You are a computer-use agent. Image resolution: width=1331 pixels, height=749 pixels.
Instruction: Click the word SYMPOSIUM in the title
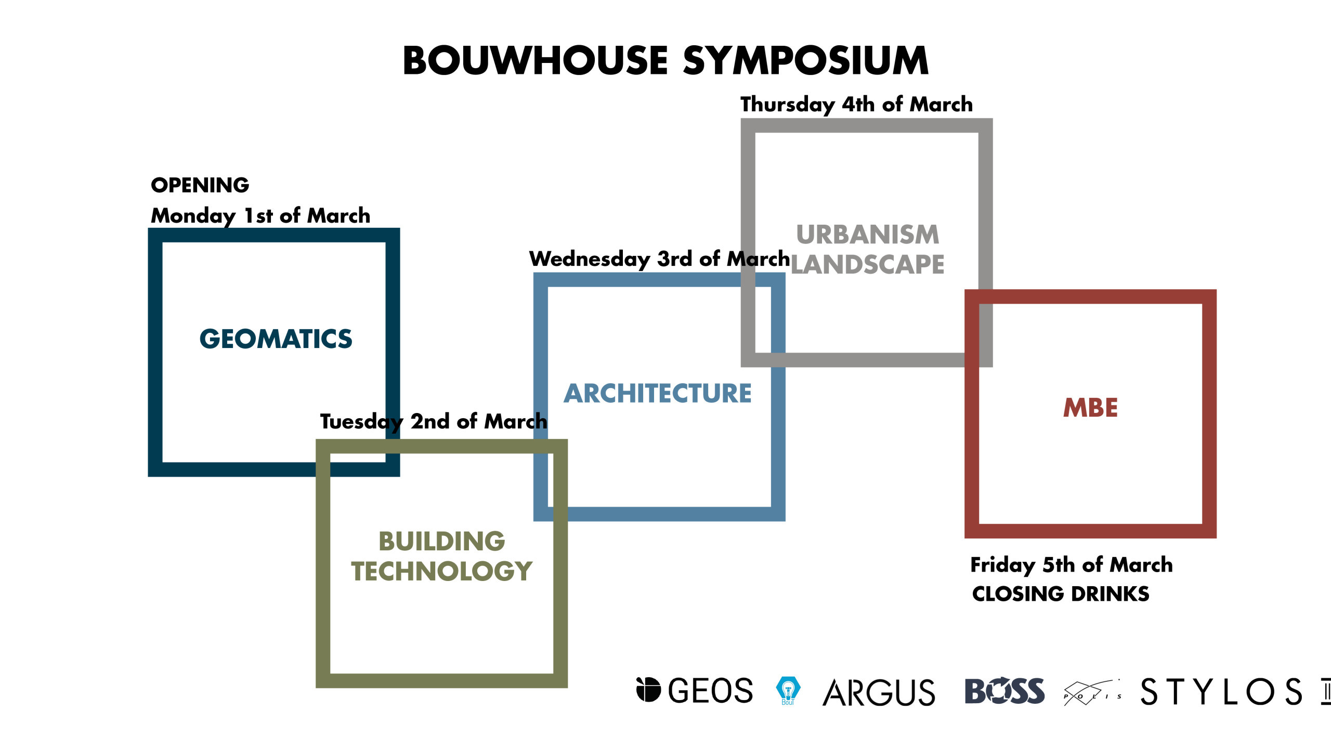tap(805, 61)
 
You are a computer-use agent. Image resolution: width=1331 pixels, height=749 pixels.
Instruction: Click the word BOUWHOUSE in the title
tap(535, 61)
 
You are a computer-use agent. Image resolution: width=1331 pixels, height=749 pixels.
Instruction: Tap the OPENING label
tap(200, 185)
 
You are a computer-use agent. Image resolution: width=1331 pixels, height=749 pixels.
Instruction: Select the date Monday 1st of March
tap(260, 216)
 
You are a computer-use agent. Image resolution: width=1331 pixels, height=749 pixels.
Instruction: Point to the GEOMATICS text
tap(276, 339)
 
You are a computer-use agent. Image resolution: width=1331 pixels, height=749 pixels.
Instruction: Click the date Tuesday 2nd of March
tap(434, 422)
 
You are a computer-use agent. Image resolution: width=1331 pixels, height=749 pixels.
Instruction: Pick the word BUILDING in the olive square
tap(441, 541)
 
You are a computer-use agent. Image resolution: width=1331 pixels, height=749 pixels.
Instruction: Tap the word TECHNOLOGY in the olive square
tap(441, 571)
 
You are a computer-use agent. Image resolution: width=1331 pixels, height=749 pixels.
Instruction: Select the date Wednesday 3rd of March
tap(659, 259)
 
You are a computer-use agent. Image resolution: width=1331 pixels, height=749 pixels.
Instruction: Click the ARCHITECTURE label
tap(658, 393)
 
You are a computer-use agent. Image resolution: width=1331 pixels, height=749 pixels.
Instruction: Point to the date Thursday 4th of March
tap(856, 105)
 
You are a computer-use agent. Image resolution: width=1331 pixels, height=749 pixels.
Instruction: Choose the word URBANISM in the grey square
tap(868, 235)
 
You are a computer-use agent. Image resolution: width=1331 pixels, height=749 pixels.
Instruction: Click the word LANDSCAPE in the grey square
tap(867, 265)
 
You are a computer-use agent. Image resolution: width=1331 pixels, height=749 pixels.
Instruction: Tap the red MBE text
tap(1090, 408)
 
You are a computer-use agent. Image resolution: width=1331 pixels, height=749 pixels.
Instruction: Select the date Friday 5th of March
tap(1072, 565)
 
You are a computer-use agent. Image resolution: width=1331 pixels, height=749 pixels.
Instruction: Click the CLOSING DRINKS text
tap(1061, 594)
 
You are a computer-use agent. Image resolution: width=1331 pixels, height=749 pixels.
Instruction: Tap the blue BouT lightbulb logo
tap(788, 691)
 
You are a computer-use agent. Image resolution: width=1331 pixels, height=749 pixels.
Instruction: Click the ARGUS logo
tap(879, 692)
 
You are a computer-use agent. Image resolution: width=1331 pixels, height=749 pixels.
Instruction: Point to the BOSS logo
tap(1004, 691)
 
